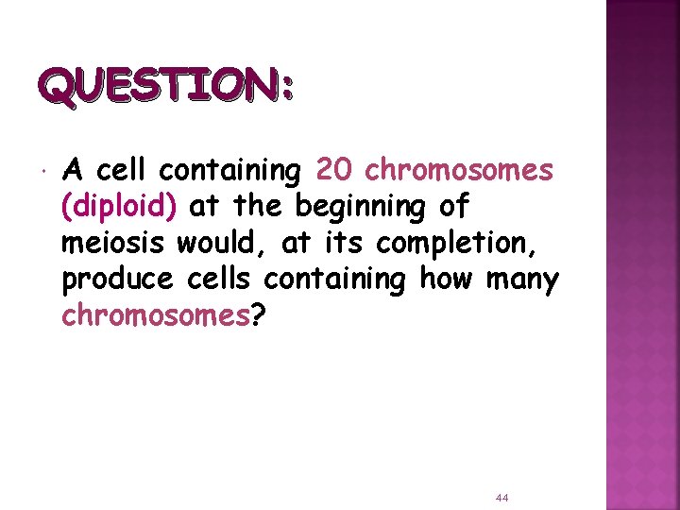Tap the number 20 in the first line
pos(334,171)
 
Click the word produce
pos(117,280)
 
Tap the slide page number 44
pos(502,497)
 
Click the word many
pos(521,280)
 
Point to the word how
pos(442,280)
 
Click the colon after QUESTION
pos(288,92)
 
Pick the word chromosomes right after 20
pos(458,171)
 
